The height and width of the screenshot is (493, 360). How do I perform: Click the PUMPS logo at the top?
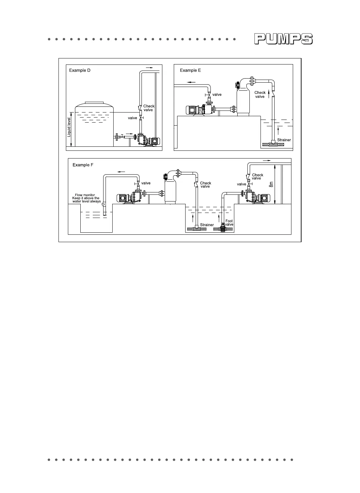(283, 39)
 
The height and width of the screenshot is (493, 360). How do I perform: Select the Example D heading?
(80, 71)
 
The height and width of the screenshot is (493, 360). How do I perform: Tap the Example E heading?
(190, 71)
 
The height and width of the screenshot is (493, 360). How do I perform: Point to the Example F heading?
(83, 165)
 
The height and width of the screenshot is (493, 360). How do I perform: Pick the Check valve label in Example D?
(149, 108)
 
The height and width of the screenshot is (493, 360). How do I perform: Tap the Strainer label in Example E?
(284, 140)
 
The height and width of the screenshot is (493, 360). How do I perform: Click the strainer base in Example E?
(273, 145)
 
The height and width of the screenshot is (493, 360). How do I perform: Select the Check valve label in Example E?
(260, 94)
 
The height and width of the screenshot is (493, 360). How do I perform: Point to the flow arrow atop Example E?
(192, 82)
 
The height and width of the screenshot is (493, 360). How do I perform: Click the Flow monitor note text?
(86, 198)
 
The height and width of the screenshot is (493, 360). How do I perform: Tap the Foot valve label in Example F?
(229, 223)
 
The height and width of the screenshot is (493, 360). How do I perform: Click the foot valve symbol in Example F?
(222, 229)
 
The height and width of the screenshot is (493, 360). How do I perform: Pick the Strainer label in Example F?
(207, 225)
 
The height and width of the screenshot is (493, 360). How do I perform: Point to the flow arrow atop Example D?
(149, 68)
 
